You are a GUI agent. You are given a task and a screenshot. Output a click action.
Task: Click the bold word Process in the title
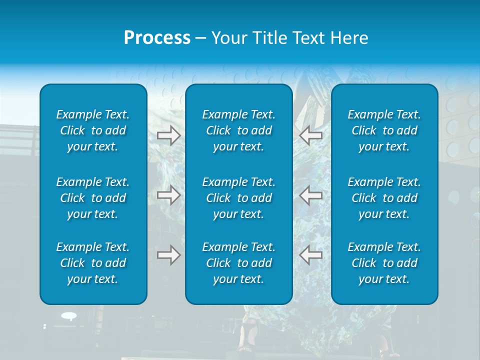[x=157, y=38]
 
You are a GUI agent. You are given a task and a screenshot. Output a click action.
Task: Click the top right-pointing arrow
[x=168, y=135]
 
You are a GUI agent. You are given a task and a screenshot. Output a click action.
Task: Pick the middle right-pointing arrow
[x=168, y=194]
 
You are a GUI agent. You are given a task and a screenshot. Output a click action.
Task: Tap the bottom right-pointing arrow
[x=168, y=255]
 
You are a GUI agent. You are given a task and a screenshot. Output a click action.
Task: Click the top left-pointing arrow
[x=311, y=135]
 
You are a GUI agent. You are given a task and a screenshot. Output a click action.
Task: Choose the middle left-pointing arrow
[x=311, y=194]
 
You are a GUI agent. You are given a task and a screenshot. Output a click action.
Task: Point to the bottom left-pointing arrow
[x=311, y=255]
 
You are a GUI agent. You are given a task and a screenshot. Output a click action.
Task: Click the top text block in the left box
[x=93, y=130]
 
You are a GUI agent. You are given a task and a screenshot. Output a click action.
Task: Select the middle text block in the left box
[x=93, y=198]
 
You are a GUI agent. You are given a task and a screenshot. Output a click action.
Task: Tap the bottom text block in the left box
[x=93, y=263]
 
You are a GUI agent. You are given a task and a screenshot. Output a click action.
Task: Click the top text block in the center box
[x=238, y=130]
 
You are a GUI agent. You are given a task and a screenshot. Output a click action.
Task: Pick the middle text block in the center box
[x=238, y=198]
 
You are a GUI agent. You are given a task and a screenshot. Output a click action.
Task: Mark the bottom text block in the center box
[x=238, y=263]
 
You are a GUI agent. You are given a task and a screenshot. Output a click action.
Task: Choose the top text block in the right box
[x=384, y=130]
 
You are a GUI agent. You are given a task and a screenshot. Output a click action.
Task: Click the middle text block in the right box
[x=384, y=198]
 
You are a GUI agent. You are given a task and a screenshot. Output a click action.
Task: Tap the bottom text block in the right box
[x=384, y=263]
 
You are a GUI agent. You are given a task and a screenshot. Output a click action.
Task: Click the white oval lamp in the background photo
[x=69, y=315]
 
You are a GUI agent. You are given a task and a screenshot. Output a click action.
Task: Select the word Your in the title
[x=229, y=38]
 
